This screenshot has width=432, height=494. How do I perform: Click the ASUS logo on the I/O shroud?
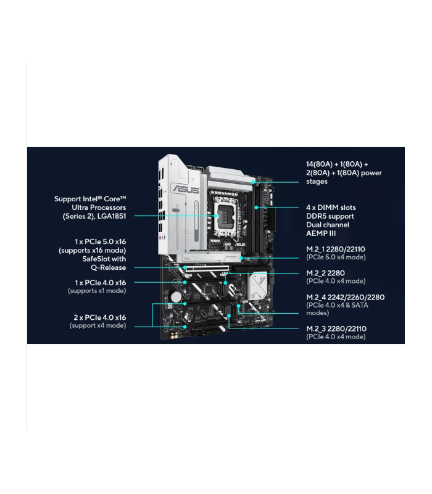(186, 190)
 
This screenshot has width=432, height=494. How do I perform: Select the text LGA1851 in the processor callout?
(112, 216)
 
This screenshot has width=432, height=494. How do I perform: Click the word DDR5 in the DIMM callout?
(316, 216)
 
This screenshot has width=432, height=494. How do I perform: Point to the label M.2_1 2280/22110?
(336, 249)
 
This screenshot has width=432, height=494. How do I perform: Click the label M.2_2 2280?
(325, 273)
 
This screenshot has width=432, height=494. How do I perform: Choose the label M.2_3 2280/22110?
(336, 329)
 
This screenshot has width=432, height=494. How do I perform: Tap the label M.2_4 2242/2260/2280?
(345, 297)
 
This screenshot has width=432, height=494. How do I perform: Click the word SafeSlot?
(94, 259)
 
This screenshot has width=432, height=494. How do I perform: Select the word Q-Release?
(109, 268)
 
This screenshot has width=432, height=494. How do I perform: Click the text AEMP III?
(321, 233)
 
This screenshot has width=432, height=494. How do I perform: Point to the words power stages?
(344, 177)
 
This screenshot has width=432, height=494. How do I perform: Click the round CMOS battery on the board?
(176, 297)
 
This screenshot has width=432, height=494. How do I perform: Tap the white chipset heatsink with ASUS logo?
(257, 286)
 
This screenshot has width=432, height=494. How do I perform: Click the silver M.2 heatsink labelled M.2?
(209, 257)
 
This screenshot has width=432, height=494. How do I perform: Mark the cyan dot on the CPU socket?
(215, 216)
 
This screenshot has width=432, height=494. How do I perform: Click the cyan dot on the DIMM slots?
(256, 207)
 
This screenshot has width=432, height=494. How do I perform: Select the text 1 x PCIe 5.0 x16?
(100, 241)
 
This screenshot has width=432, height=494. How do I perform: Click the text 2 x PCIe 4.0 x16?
(100, 317)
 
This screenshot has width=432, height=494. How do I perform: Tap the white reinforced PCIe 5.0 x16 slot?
(207, 269)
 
